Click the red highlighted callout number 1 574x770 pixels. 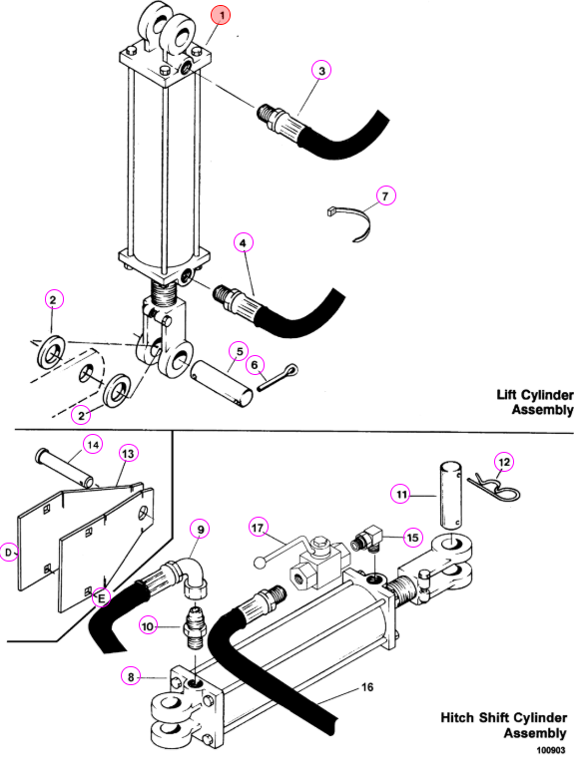pyautogui.click(x=222, y=15)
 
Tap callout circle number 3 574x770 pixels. pyautogui.click(x=321, y=71)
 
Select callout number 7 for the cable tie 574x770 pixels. pyautogui.click(x=385, y=195)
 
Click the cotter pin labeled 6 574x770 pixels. pyautogui.click(x=278, y=377)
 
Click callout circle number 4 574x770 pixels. pyautogui.click(x=243, y=242)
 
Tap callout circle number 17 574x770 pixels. pyautogui.click(x=258, y=528)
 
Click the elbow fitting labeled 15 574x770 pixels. pyautogui.click(x=368, y=539)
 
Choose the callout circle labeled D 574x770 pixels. pyautogui.click(x=9, y=553)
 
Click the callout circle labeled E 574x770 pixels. pyautogui.click(x=102, y=597)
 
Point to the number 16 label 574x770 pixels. pyautogui.click(x=367, y=687)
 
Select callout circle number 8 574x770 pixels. pyautogui.click(x=131, y=677)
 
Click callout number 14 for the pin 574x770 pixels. pyautogui.click(x=93, y=445)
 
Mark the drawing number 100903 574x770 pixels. pyautogui.click(x=550, y=750)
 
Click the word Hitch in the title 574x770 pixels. pyautogui.click(x=458, y=717)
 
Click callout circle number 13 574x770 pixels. pyautogui.click(x=128, y=453)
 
